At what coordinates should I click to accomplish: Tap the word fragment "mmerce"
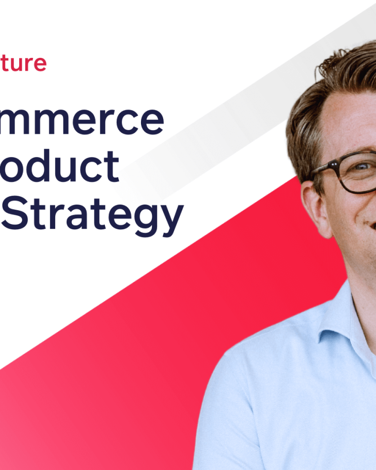click(x=83, y=120)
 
